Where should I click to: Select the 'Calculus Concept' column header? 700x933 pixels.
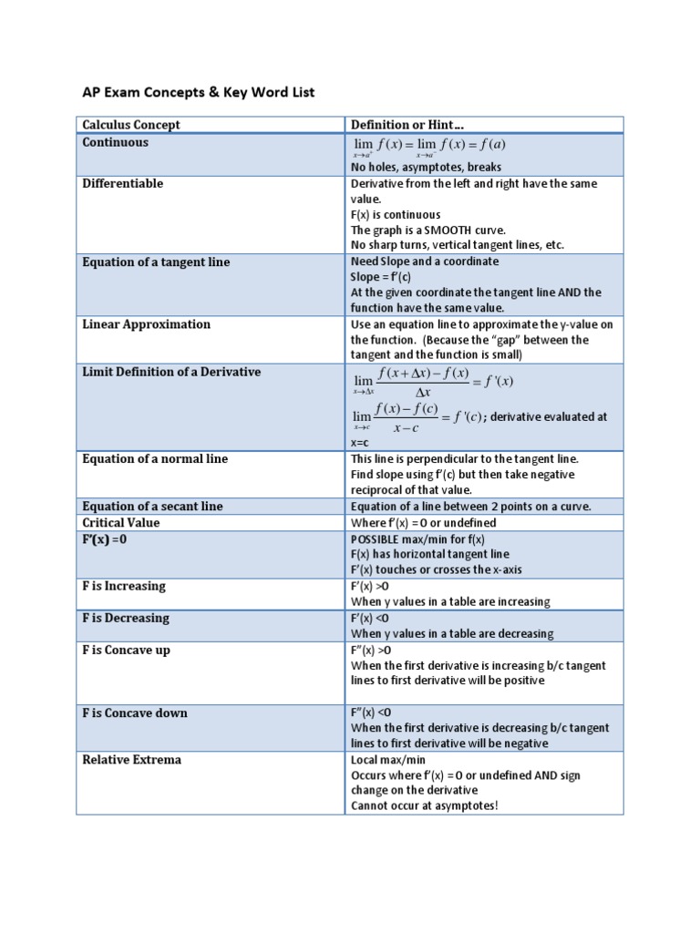coord(131,125)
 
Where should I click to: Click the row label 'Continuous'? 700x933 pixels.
coord(116,142)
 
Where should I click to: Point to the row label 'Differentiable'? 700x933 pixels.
coord(123,183)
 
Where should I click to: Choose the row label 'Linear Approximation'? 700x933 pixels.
coord(146,324)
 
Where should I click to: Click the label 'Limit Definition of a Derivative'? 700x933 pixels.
coord(171,372)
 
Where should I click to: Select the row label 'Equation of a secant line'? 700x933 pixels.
coord(152,506)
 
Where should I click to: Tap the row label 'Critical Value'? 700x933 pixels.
coord(121,522)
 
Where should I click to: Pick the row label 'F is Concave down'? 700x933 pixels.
coord(135,713)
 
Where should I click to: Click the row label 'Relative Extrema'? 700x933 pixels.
coord(132,760)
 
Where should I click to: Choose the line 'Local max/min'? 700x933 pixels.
coord(388,760)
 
